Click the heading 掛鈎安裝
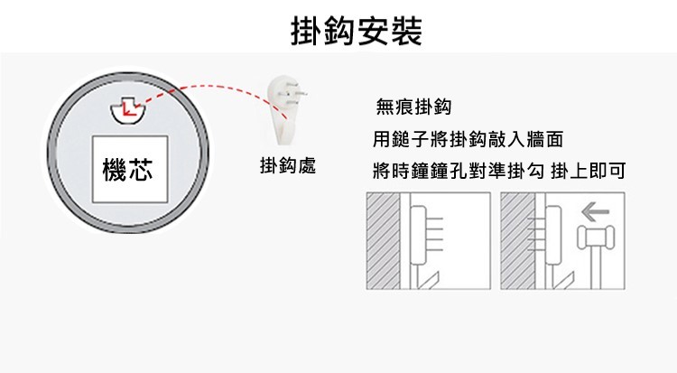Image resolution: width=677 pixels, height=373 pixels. tap(357, 31)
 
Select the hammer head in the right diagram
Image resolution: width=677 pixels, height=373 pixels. tap(595, 238)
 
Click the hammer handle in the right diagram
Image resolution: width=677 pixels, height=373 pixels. tap(595, 266)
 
